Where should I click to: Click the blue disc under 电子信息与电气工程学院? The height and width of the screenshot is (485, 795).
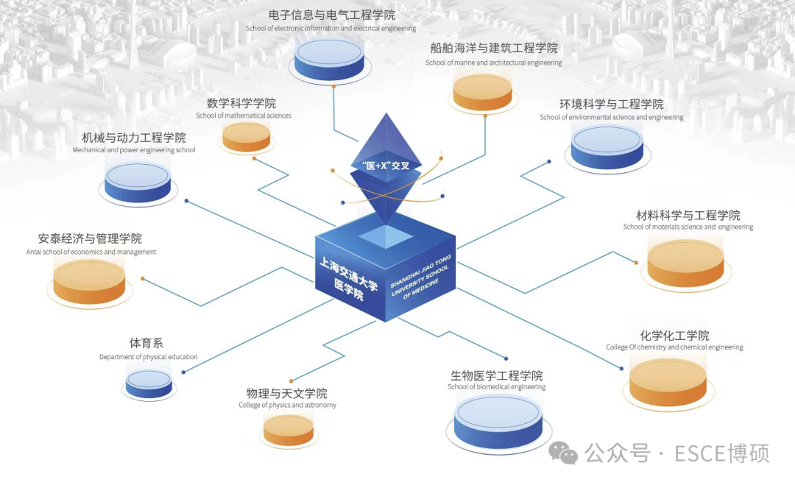(x=329, y=60)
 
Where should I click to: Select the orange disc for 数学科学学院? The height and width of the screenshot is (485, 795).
(x=247, y=136)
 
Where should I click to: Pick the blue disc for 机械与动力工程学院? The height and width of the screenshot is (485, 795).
(x=138, y=182)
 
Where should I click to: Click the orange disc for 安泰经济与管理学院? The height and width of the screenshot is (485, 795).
(x=89, y=280)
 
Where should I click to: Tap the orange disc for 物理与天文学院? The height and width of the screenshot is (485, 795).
(x=289, y=430)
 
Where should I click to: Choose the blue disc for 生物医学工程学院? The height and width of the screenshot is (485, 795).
(x=498, y=419)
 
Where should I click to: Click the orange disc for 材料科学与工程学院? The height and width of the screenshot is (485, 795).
(x=685, y=262)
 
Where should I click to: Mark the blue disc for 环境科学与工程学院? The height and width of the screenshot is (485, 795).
(x=607, y=147)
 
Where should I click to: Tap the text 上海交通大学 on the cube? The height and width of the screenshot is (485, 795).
(x=348, y=273)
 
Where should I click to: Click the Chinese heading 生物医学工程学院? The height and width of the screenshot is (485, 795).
(x=496, y=375)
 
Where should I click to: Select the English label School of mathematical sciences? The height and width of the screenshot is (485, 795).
(x=244, y=116)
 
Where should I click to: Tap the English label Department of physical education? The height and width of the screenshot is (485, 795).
(x=149, y=357)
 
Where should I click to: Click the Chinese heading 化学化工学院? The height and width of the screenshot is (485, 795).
(x=674, y=336)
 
